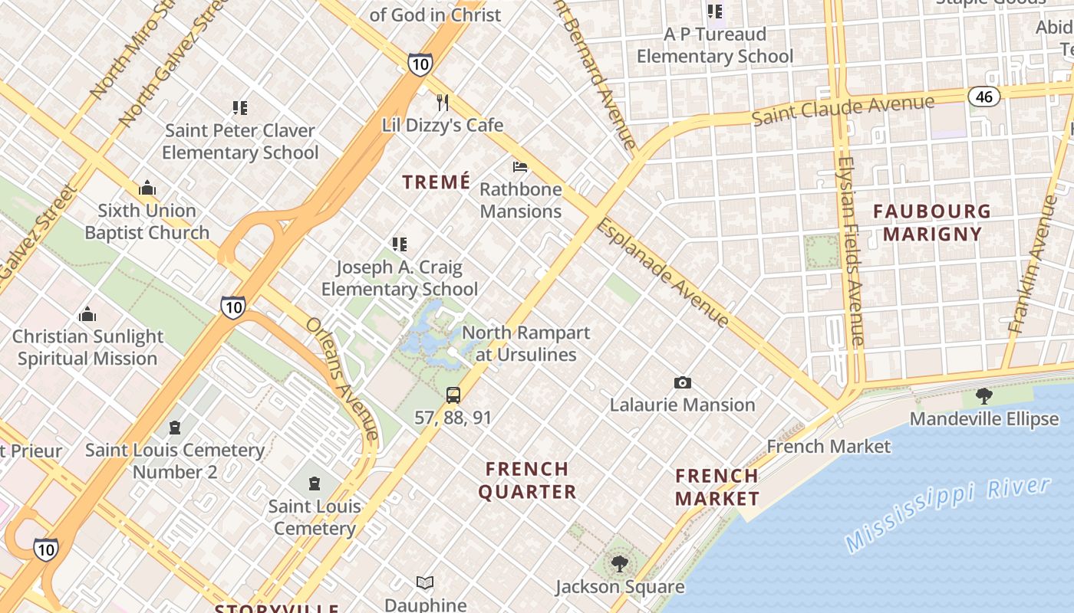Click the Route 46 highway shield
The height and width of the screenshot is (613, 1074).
(983, 96)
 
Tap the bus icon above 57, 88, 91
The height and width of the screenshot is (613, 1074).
(453, 395)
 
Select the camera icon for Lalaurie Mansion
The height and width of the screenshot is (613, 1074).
(682, 382)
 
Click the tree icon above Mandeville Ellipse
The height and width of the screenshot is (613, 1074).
(984, 396)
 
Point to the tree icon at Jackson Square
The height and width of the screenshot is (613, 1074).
(619, 564)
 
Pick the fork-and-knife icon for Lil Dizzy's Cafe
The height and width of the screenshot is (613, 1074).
(442, 103)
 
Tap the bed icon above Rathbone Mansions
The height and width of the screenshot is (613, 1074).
(520, 167)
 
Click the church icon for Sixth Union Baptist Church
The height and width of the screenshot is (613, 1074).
(147, 188)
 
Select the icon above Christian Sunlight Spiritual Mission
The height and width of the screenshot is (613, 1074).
(87, 314)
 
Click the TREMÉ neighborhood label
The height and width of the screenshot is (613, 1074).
(437, 182)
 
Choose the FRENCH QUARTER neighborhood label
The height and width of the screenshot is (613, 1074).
(528, 480)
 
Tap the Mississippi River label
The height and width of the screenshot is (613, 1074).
(947, 513)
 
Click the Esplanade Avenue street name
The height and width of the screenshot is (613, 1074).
(663, 272)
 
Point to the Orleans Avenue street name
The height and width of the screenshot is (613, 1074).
(342, 378)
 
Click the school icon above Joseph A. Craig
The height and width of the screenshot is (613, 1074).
(399, 244)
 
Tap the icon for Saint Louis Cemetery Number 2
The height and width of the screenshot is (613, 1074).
(175, 428)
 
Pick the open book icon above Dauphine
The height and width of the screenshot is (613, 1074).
(424, 583)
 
